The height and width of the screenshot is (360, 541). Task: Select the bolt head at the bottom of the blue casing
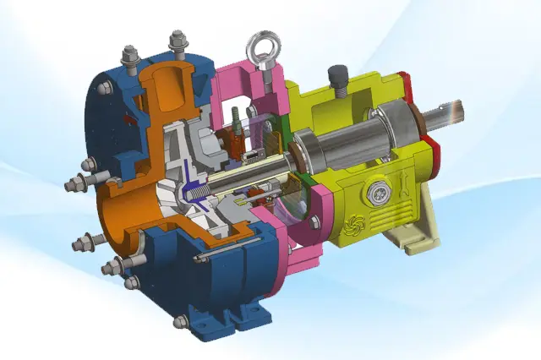tap(179, 321)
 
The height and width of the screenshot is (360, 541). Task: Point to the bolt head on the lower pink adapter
tap(314, 222)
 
